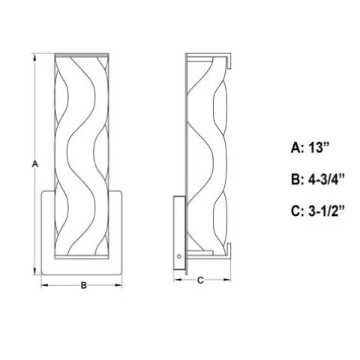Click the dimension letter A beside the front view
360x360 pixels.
click(35, 164)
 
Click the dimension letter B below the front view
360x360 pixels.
click(84, 285)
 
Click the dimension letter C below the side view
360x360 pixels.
click(200, 280)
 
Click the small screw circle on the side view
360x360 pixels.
click(178, 256)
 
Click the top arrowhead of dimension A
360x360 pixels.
click(34, 58)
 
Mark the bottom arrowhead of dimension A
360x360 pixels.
click(34, 271)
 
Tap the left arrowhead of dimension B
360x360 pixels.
click(45, 285)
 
